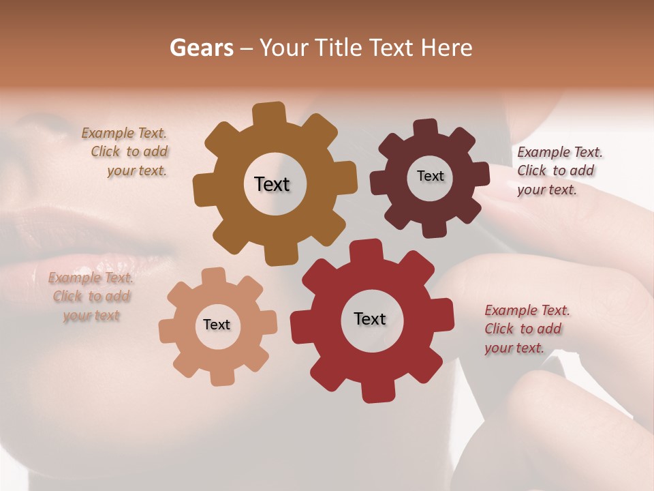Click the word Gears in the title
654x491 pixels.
[201, 48]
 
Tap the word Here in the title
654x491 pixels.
[447, 48]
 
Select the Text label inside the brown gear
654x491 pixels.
[272, 184]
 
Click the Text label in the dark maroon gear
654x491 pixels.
[430, 176]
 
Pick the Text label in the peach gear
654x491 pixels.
[217, 325]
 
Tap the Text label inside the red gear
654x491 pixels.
[370, 318]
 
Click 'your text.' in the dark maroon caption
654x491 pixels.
[546, 190]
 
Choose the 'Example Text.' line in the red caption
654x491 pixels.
[527, 311]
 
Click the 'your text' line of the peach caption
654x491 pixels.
[91, 315]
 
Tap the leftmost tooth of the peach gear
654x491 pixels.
[168, 331]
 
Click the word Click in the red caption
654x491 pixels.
[499, 329]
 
